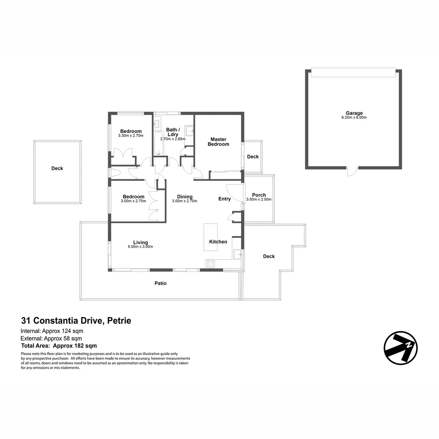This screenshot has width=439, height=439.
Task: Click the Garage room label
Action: pos(354,113)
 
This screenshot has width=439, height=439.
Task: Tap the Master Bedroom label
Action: pos(218,142)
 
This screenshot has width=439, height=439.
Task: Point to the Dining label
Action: pos(185,197)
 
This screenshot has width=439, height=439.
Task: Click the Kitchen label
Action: pos(218,242)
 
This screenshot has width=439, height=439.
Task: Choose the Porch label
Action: pos(259,195)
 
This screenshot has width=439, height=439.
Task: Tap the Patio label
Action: pos(161,283)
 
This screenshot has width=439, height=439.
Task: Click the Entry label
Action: pos(224,199)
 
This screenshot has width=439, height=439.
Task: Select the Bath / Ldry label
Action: pos(173,132)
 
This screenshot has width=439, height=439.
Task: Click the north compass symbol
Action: pos(400,348)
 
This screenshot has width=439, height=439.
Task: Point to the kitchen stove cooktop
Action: pos(211,264)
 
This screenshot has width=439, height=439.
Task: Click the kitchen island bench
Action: pos(211,237)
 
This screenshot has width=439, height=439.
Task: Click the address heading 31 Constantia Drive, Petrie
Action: pos(76,321)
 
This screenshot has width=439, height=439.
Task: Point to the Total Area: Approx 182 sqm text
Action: pos(59,346)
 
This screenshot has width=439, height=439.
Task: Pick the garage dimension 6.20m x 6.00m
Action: pos(354,117)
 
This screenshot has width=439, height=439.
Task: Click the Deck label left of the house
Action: pos(57,168)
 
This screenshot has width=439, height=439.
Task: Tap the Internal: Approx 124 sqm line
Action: pos(52,331)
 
